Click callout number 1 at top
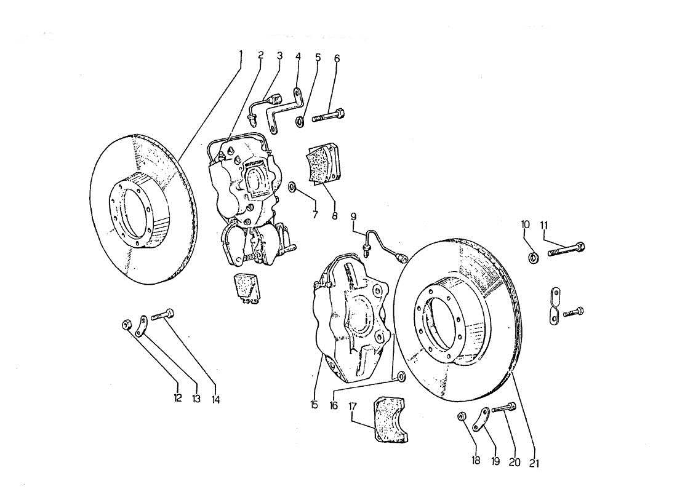(x=241, y=55)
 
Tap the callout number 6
(x=337, y=58)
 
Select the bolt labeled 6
(x=329, y=115)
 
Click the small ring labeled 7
(x=292, y=186)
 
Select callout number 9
(x=353, y=216)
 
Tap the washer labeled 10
(x=533, y=256)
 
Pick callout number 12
(x=177, y=399)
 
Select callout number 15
(x=313, y=405)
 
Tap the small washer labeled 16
(x=401, y=376)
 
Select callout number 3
(x=280, y=56)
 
